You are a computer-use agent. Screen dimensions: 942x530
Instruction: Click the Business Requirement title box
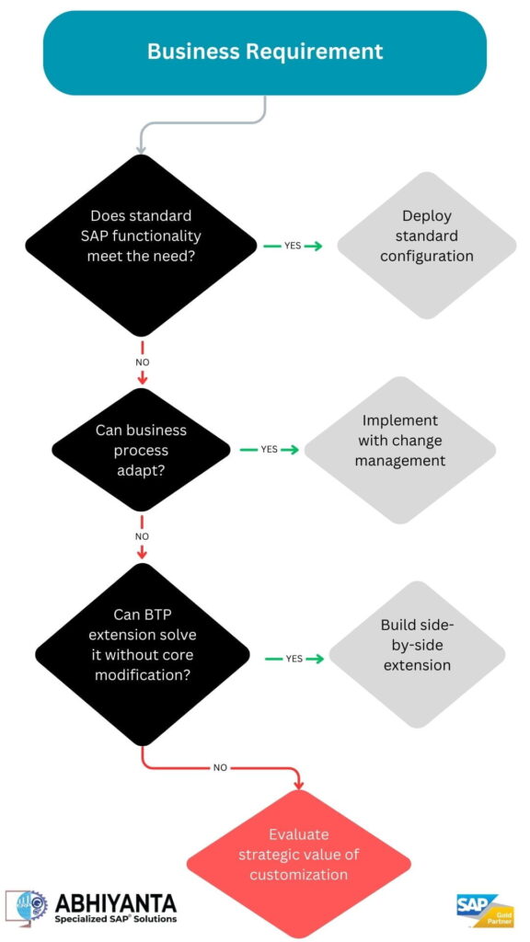(x=265, y=52)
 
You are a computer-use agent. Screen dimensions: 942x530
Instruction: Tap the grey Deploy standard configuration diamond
(x=426, y=236)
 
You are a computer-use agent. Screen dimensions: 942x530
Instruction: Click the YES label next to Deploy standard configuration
(x=293, y=246)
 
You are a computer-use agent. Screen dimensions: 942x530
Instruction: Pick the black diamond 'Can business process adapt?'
(x=141, y=451)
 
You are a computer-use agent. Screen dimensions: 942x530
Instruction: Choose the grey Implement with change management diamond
(x=399, y=440)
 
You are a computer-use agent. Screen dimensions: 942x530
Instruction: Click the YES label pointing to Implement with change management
(x=269, y=450)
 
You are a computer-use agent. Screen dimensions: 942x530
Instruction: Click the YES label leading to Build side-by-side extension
(x=294, y=659)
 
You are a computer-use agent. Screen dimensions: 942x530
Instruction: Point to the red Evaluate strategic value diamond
(x=299, y=855)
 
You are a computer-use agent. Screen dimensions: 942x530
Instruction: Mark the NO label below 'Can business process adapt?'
(x=142, y=535)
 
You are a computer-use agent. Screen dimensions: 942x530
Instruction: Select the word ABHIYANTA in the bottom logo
(x=115, y=902)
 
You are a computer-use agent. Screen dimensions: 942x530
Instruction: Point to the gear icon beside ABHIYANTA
(x=27, y=906)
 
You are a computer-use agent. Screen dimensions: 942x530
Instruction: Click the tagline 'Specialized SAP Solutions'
(x=115, y=918)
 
